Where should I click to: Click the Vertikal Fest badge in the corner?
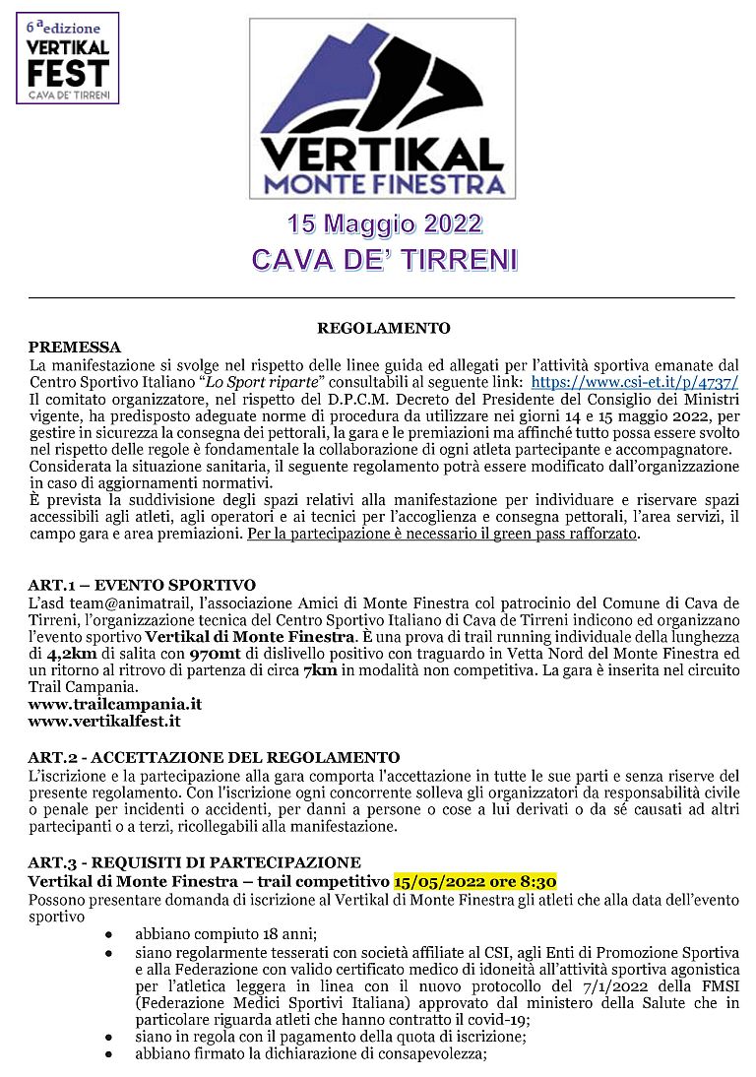[67, 58]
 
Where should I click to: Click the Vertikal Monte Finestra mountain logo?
[382, 109]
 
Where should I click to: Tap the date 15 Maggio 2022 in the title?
[384, 223]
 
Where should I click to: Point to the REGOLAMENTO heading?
[383, 328]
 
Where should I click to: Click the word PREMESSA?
[75, 347]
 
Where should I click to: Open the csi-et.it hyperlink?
[634, 382]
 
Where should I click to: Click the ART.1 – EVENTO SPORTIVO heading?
[142, 586]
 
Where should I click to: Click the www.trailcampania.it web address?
[115, 704]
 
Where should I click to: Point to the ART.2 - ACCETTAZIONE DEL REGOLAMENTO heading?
[214, 757]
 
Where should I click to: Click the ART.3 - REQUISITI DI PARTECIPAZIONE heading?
[194, 862]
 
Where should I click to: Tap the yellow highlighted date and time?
[475, 880]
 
